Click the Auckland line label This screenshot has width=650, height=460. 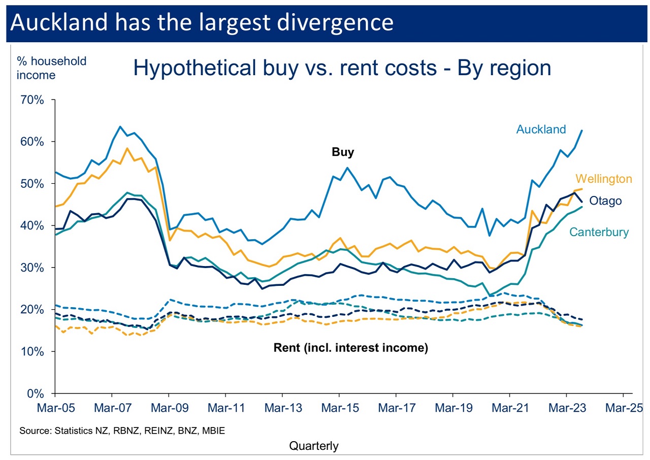(541, 129)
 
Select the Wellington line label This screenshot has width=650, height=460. (603, 179)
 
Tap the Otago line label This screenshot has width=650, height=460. (605, 201)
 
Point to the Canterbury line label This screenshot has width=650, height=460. (599, 232)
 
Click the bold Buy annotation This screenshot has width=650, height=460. (343, 152)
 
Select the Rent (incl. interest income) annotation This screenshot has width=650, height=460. (351, 348)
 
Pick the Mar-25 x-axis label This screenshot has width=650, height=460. (623, 408)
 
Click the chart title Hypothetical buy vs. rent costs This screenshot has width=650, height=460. (342, 68)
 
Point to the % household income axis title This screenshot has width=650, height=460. (52, 68)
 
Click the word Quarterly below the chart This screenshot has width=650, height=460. (313, 446)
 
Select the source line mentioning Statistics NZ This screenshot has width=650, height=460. (122, 431)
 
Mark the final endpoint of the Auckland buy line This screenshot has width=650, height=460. (581, 130)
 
